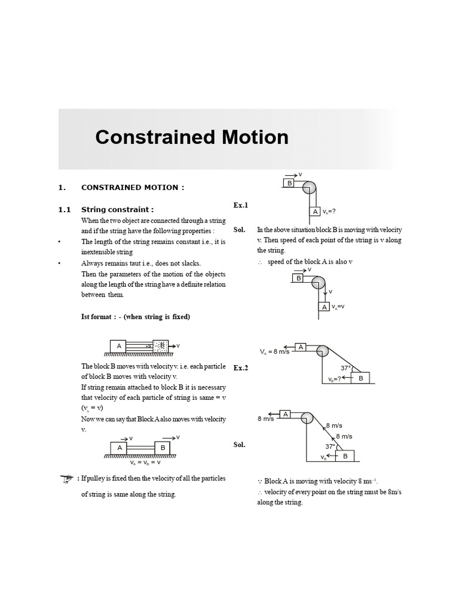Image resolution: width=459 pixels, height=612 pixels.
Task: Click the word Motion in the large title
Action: (x=247, y=137)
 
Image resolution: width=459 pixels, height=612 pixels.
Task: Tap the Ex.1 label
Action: (x=240, y=206)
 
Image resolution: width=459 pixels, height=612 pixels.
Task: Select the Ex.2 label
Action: (x=240, y=368)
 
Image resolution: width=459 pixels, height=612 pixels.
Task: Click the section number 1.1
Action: (x=65, y=210)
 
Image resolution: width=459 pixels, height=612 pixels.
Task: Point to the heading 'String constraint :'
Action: (x=117, y=210)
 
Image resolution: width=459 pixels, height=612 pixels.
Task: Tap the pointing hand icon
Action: (x=67, y=478)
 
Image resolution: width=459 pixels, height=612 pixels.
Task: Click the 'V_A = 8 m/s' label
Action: (x=274, y=352)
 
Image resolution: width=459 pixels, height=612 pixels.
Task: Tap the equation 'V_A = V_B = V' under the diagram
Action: (x=145, y=463)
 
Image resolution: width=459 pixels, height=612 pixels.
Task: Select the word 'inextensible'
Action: (x=99, y=252)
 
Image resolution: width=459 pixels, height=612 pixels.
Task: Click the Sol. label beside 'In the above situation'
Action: (x=240, y=230)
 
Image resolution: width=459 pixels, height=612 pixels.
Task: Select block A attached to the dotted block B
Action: (x=118, y=345)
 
